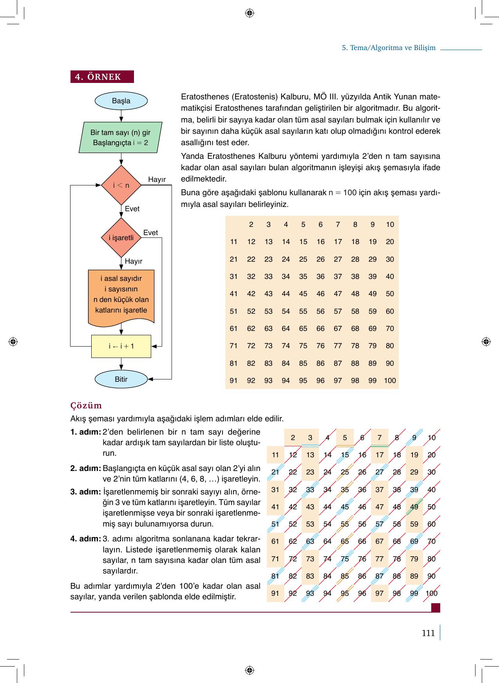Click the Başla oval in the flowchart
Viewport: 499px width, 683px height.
pyautogui.click(x=121, y=101)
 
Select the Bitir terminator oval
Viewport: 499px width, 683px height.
pyautogui.click(x=121, y=379)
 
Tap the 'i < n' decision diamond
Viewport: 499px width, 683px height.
pyautogui.click(x=121, y=185)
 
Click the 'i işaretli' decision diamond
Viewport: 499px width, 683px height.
pyautogui.click(x=121, y=237)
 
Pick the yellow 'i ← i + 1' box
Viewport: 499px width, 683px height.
pyautogui.click(x=121, y=346)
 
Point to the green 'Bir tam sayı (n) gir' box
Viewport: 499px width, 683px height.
pyautogui.click(x=121, y=138)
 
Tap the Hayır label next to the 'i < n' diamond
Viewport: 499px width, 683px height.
pyautogui.click(x=157, y=180)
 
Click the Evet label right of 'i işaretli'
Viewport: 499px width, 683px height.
pyautogui.click(x=150, y=233)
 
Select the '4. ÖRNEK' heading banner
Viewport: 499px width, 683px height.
pyautogui.click(x=102, y=77)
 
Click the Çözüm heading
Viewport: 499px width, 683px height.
pyautogui.click(x=86, y=405)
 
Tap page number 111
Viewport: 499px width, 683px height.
pyautogui.click(x=428, y=633)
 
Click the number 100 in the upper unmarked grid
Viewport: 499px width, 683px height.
pyautogui.click(x=390, y=380)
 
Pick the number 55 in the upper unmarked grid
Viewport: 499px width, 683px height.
pyautogui.click(x=303, y=311)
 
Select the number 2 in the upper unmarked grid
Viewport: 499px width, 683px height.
pyautogui.click(x=251, y=225)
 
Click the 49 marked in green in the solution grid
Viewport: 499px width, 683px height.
pyautogui.click(x=414, y=507)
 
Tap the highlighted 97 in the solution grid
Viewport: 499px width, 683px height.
pyautogui.click(x=379, y=593)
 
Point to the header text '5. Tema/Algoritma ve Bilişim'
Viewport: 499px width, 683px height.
pyautogui.click(x=389, y=48)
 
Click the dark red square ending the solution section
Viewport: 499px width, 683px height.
pyautogui.click(x=435, y=608)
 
